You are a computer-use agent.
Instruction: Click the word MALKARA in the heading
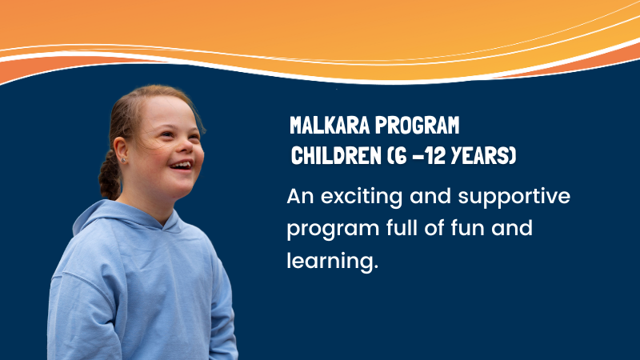coord(330,126)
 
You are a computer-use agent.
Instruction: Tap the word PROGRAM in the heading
coord(417,126)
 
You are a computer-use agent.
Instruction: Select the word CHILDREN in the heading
coord(336,155)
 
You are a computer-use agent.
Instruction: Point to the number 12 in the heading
coord(435,155)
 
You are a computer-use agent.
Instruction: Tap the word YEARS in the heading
coord(481,155)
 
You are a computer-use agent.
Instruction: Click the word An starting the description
coord(301,197)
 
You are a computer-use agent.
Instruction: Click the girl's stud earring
coord(123,161)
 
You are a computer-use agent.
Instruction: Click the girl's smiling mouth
coord(182,166)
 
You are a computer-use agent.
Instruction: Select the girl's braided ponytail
coord(110,174)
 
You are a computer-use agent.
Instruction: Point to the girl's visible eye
coord(167,134)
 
